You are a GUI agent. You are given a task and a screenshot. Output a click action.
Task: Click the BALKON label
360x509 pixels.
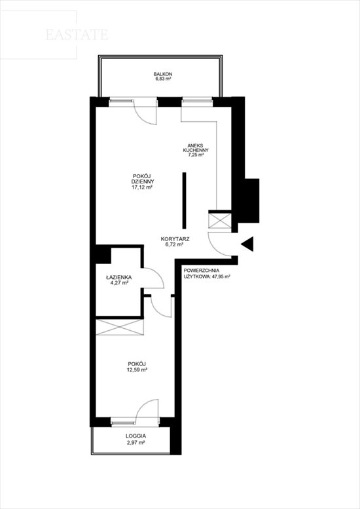tap(163, 74)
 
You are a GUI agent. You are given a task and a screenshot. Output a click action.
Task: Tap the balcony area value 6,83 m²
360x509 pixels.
tap(163, 79)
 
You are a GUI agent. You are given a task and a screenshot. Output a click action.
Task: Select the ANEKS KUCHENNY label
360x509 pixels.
tap(196, 148)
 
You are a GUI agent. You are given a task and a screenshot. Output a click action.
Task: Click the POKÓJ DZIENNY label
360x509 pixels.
tap(143, 179)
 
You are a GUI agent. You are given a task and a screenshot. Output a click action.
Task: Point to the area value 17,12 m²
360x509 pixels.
tap(142, 187)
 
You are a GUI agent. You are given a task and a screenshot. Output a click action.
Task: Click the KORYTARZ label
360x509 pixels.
tap(175, 239)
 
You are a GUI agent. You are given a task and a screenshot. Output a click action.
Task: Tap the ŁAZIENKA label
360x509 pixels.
tap(118, 278)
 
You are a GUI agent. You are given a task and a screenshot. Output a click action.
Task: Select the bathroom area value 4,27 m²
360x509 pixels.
tap(119, 283)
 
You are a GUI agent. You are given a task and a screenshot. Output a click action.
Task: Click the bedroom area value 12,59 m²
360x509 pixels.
tap(137, 369)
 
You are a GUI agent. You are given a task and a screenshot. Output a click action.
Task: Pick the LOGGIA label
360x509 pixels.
tap(135, 436)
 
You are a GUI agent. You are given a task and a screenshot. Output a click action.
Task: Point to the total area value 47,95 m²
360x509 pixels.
tap(221, 277)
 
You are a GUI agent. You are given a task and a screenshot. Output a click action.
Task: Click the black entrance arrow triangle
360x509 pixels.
tap(247, 244)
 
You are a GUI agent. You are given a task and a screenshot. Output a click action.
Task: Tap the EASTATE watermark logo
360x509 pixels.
tap(77, 35)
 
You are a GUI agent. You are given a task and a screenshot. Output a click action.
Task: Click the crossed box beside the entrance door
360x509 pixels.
tap(219, 221)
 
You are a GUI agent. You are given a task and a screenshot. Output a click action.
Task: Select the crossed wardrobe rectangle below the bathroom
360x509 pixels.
tap(120, 328)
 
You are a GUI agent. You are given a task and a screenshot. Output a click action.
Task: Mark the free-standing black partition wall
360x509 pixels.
tap(184, 200)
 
